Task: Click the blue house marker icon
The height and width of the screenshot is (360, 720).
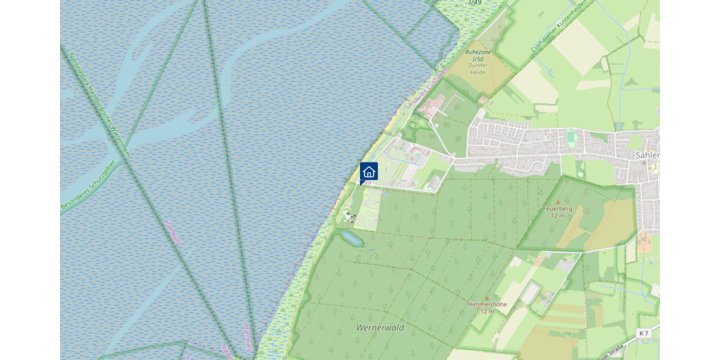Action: click(369, 172)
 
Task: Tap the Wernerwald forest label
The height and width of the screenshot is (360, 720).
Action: click(380, 328)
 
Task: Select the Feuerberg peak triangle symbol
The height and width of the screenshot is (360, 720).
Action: click(557, 202)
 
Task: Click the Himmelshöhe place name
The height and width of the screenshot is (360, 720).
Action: click(487, 304)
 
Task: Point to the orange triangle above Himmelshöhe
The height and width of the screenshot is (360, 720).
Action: click(487, 297)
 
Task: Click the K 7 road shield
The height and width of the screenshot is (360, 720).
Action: click(644, 333)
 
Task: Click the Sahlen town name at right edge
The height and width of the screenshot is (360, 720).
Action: click(647, 155)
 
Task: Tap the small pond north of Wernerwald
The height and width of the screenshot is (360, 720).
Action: click(352, 239)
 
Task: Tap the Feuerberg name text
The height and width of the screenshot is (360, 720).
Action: click(557, 209)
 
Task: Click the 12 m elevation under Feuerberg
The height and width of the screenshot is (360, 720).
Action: click(557, 215)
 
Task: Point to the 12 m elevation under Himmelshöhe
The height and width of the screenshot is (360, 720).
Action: click(487, 311)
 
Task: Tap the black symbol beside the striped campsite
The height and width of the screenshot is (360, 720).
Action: click(349, 214)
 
